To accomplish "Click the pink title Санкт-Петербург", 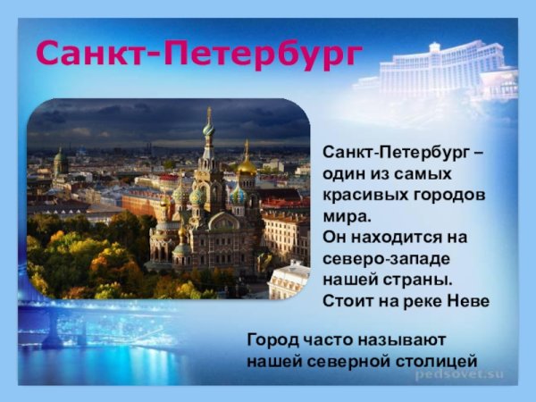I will [x=198, y=54].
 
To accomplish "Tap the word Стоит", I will [x=348, y=301].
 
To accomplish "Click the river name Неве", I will [x=467, y=301].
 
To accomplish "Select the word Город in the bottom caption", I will [x=272, y=340].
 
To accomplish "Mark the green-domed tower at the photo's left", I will [x=60, y=163].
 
